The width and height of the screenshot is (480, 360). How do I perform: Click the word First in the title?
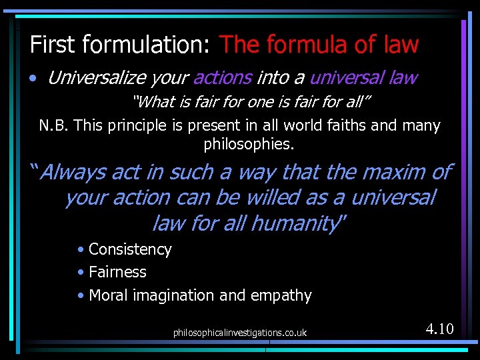click(52, 45)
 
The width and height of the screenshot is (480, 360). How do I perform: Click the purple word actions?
click(222, 78)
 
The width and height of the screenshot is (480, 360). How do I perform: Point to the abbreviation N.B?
click(54, 126)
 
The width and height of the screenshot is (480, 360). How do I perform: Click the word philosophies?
click(248, 143)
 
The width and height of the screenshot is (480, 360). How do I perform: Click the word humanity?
click(304, 223)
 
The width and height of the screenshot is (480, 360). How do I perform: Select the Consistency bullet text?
click(130, 249)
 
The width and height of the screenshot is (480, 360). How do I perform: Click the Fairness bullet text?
click(117, 272)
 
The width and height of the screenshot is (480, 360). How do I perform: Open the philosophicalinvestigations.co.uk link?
click(240, 332)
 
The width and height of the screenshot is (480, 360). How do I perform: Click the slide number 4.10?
click(439, 329)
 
